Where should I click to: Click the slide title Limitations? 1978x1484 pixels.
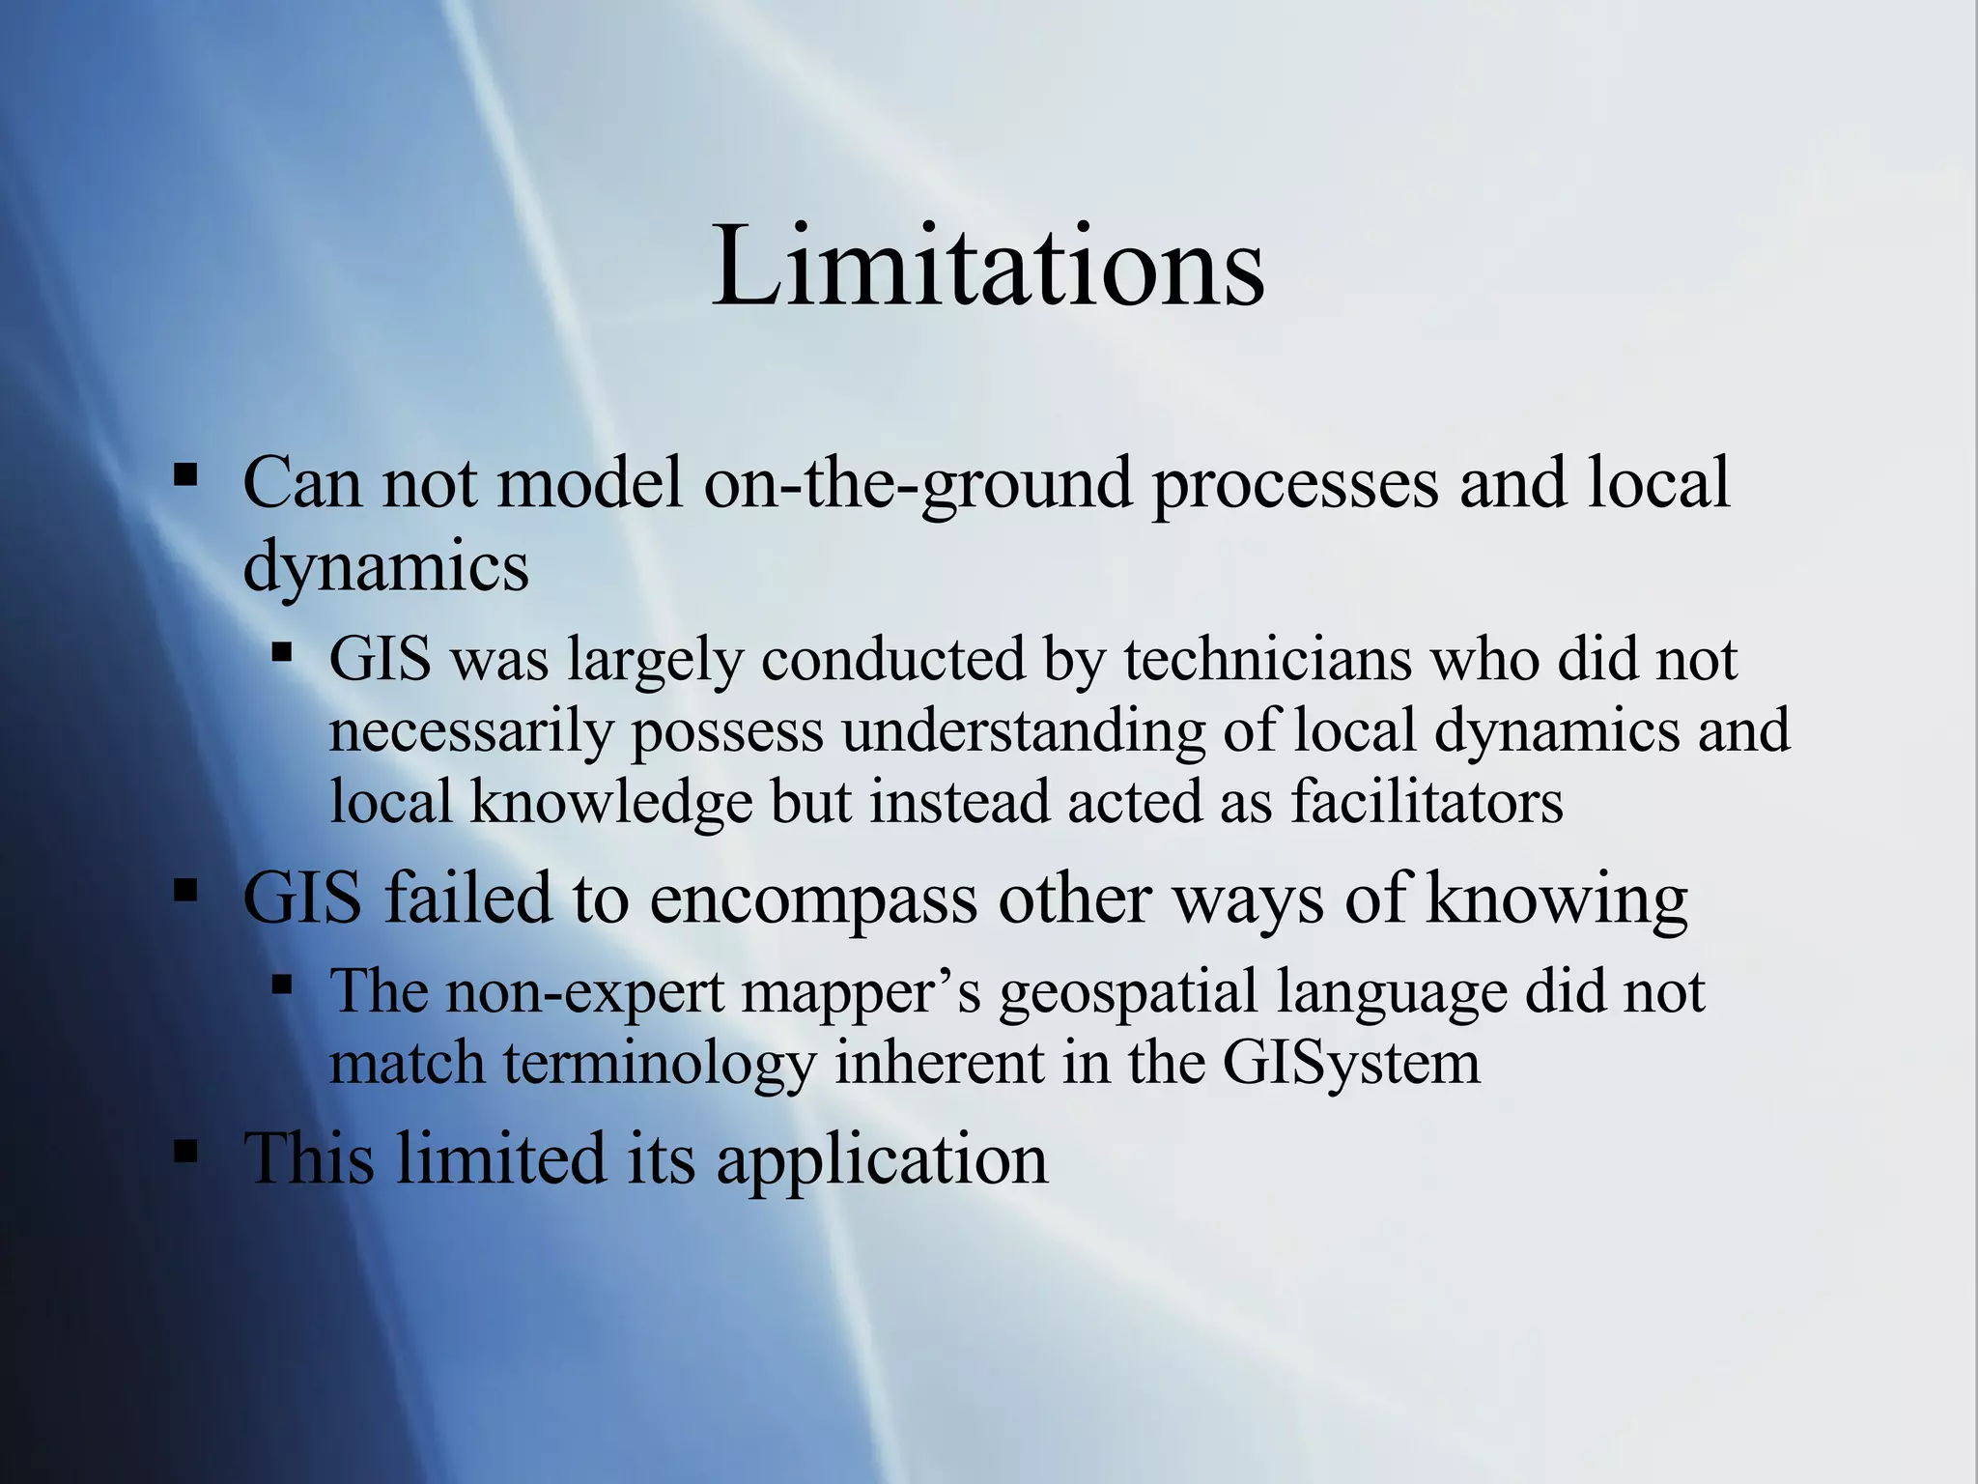(x=987, y=266)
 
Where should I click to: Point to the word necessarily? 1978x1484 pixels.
(x=471, y=731)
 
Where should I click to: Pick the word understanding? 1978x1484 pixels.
(x=1023, y=731)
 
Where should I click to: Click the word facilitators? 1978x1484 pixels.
(x=1427, y=802)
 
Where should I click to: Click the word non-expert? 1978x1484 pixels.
(x=584, y=991)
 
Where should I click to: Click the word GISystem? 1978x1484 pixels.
(x=1351, y=1064)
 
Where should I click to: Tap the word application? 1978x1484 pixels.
(x=882, y=1158)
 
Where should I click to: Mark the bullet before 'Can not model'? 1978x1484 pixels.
(x=185, y=475)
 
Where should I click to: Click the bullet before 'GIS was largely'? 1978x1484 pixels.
(x=282, y=653)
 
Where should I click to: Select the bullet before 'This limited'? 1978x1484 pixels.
(x=185, y=1151)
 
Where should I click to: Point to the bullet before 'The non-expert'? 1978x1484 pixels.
(x=282, y=985)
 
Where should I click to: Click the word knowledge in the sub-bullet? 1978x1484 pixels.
(x=610, y=802)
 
